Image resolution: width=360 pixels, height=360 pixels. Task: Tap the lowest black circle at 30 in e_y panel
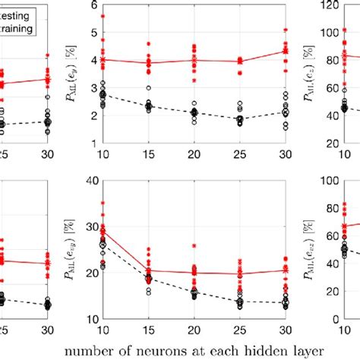286,130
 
